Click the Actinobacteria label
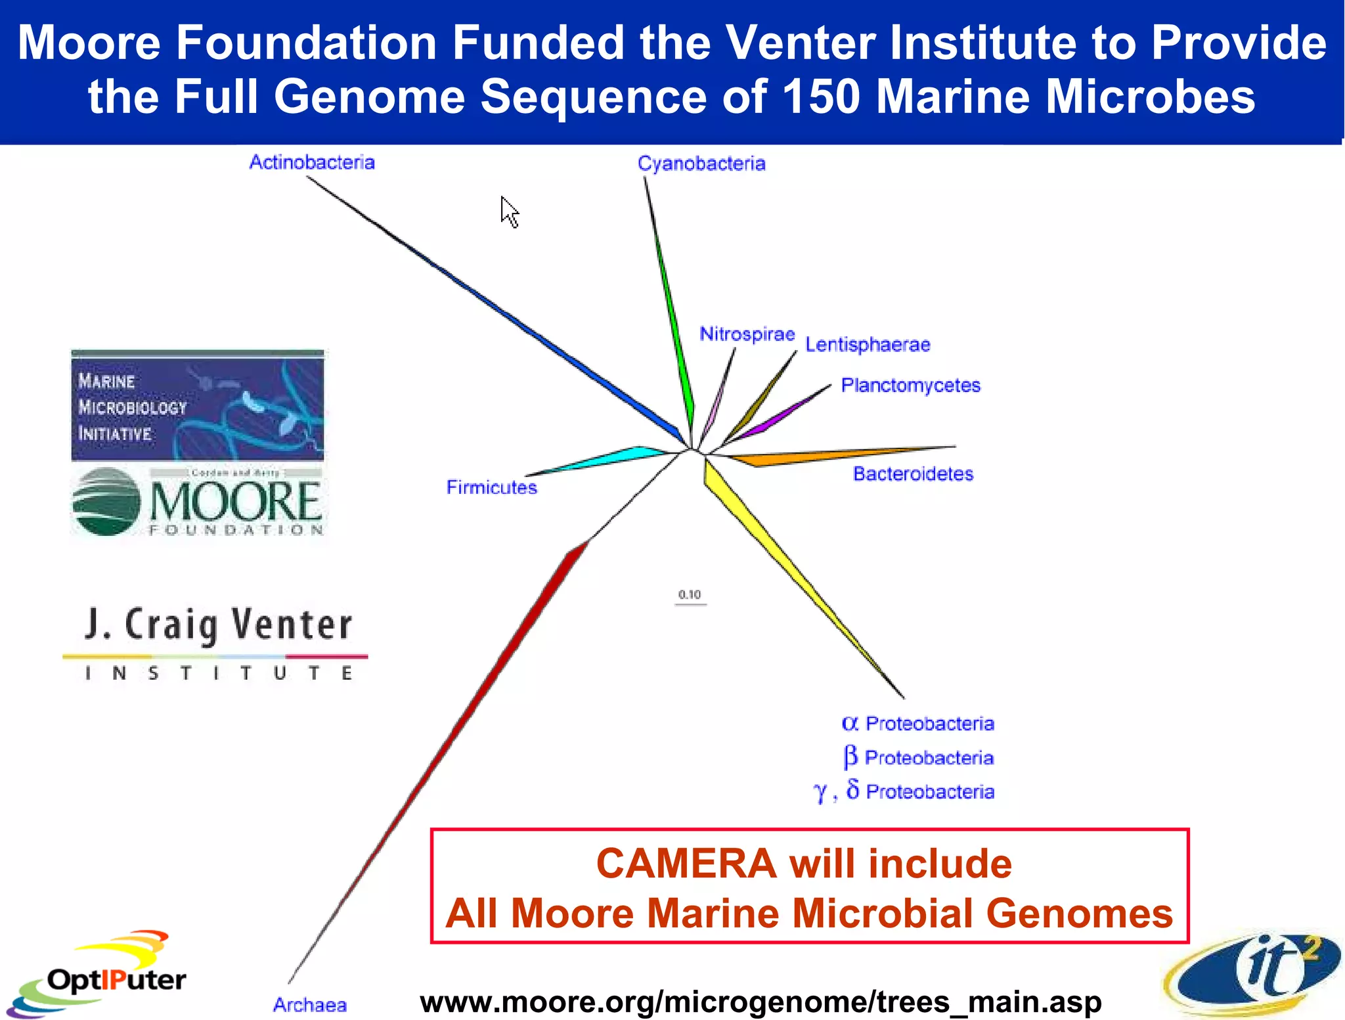tap(311, 162)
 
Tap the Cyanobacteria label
tap(701, 164)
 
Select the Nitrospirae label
tap(747, 334)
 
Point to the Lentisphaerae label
tap(868, 345)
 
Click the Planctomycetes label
tap(910, 386)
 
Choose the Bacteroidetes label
tap(913, 474)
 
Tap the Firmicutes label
tap(491, 487)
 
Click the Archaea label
tap(309, 1005)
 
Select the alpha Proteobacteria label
tap(917, 724)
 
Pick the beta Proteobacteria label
tap(918, 757)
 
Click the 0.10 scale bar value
tap(690, 594)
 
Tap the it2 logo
tap(1254, 972)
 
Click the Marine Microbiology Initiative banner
tap(197, 406)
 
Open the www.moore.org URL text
tap(761, 1002)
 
